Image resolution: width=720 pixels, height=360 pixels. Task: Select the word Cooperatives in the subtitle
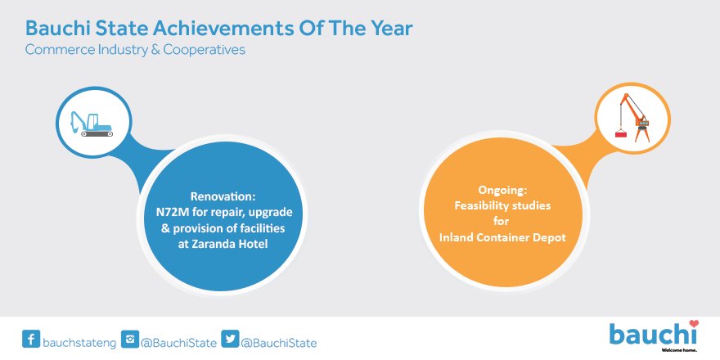205,50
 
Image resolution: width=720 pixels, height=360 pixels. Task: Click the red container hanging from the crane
622,134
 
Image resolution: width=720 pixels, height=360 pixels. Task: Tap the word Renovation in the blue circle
223,197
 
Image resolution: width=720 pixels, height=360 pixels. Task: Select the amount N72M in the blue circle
170,213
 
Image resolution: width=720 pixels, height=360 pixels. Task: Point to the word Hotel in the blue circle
252,245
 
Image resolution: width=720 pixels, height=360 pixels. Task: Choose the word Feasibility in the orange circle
480,206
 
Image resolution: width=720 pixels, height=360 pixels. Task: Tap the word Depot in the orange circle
552,237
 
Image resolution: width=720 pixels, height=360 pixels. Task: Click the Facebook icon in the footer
31,339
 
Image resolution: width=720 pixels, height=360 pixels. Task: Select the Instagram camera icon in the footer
130,339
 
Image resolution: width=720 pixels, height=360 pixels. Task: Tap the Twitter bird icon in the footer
230,339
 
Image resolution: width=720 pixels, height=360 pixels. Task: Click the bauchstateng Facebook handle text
79,343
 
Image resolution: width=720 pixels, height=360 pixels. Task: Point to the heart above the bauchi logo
694,324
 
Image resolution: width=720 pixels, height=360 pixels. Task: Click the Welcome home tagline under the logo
682,349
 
